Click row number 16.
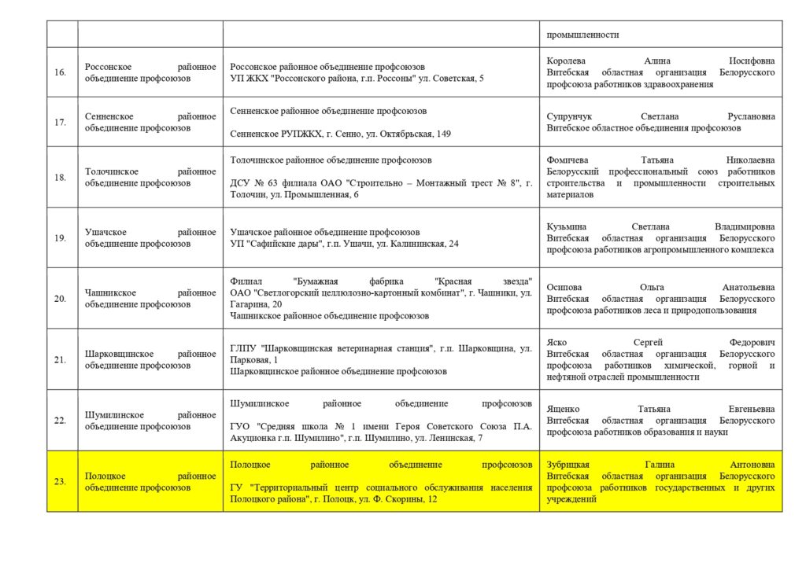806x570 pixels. click(60, 72)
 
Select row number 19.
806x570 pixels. click(60, 238)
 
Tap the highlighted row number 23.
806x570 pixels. click(60, 481)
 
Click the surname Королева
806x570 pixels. click(567, 61)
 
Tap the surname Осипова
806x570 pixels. click(565, 288)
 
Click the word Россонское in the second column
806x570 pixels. click(109, 67)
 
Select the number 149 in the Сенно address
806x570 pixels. click(443, 134)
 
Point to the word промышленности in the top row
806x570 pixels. click(582, 35)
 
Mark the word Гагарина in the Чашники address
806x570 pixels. click(247, 304)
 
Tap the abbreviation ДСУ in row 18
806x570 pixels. click(240, 183)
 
